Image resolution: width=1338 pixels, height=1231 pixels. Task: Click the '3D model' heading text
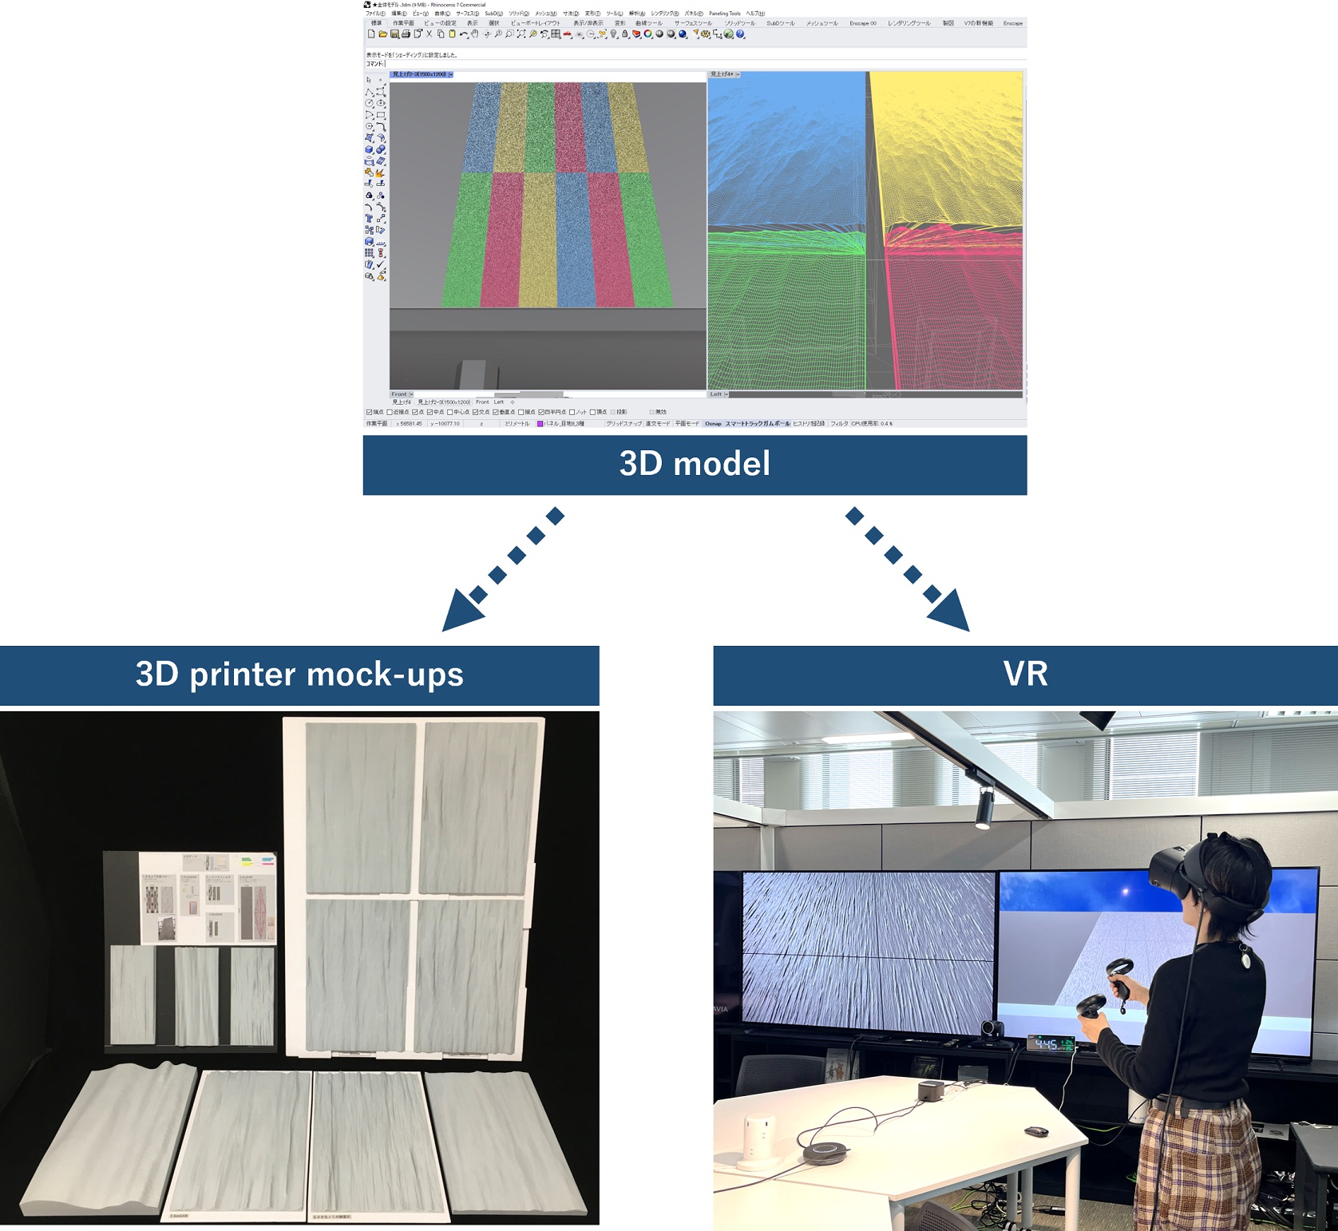[695, 464]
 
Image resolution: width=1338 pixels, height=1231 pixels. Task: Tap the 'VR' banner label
[1025, 674]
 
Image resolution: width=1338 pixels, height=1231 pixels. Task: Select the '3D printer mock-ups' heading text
[299, 675]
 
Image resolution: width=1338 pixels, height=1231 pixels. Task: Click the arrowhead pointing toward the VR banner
[950, 612]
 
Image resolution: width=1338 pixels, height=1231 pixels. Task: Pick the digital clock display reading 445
[1049, 1043]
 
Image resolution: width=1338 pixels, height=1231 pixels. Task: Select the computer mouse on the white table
[1036, 1130]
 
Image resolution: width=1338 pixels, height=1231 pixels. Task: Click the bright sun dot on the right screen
[1126, 892]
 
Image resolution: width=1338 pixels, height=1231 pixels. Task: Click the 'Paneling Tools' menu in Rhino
[724, 14]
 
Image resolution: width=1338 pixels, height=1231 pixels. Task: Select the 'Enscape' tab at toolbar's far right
[1012, 23]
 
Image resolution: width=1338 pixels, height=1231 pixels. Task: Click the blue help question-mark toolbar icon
[740, 34]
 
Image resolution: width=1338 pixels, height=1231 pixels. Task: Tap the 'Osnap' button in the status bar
[713, 424]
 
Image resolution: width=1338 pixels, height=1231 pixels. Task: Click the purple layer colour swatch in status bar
[540, 424]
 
